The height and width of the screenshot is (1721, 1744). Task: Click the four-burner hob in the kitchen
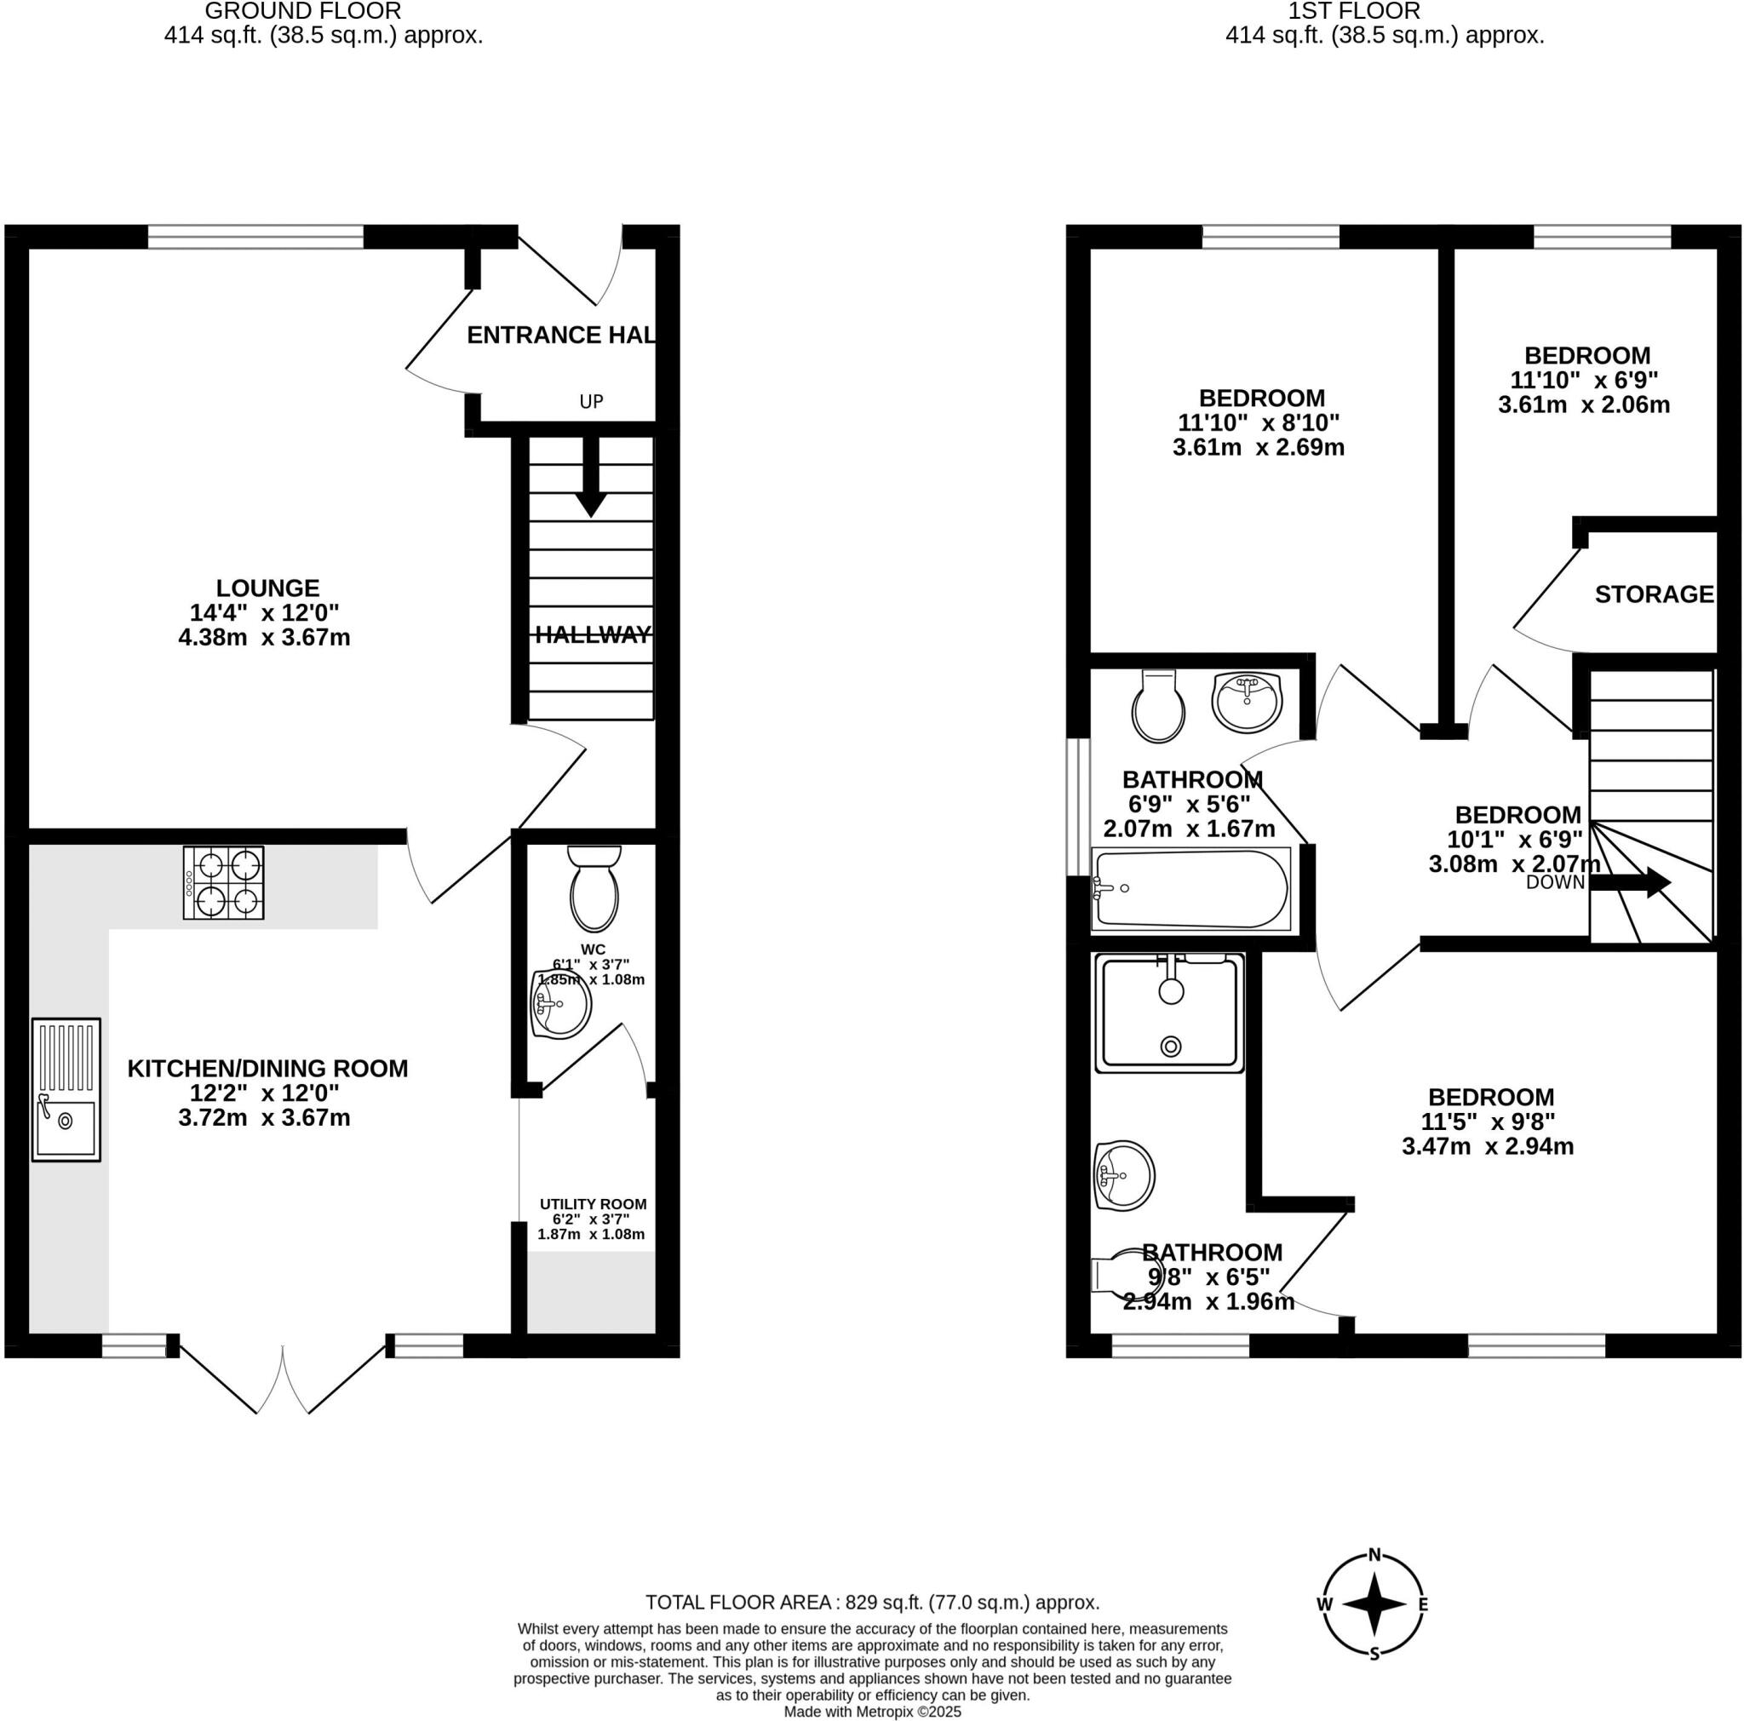point(223,881)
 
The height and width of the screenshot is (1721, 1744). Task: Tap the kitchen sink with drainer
point(66,1088)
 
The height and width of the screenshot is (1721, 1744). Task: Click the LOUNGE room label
point(267,588)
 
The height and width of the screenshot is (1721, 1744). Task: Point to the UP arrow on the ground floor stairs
point(590,478)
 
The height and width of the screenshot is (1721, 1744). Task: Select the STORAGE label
point(1653,594)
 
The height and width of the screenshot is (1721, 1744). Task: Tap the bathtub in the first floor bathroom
point(1190,889)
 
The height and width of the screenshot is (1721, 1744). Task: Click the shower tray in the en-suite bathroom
point(1170,1013)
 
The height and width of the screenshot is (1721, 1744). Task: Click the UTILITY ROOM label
point(592,1204)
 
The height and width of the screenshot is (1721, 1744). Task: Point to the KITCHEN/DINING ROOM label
point(267,1069)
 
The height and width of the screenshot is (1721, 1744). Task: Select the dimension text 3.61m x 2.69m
point(1258,447)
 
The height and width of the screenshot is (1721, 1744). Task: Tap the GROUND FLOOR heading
point(302,12)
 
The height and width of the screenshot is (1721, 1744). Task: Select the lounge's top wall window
point(255,237)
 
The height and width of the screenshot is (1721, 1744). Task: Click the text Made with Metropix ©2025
point(872,1711)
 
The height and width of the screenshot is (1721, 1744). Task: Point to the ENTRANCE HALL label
point(560,335)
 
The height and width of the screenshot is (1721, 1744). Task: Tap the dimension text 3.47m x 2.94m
point(1487,1146)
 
